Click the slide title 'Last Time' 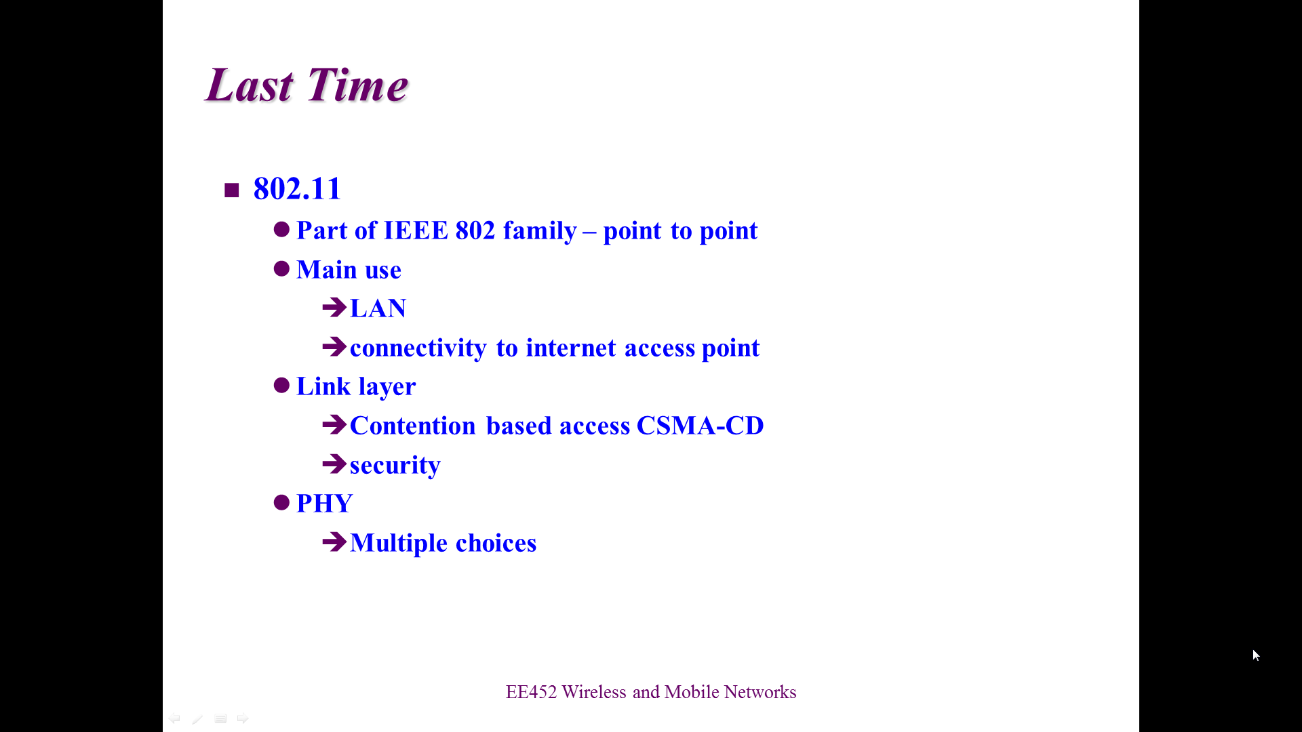coord(307,85)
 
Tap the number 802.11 coord(297,188)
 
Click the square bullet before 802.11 coord(232,190)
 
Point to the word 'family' coord(540,231)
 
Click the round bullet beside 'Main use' coord(281,269)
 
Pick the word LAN coord(378,308)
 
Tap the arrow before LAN coord(334,308)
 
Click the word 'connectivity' coord(418,348)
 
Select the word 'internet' coord(571,348)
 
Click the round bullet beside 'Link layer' coord(281,386)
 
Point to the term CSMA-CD coord(700,426)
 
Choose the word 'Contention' coord(413,426)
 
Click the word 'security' coord(395,466)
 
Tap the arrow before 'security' coord(334,464)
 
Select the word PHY coord(325,504)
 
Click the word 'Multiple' coord(399,543)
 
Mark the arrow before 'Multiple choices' coord(334,542)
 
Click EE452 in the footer coord(531,692)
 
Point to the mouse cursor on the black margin coord(1256,655)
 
